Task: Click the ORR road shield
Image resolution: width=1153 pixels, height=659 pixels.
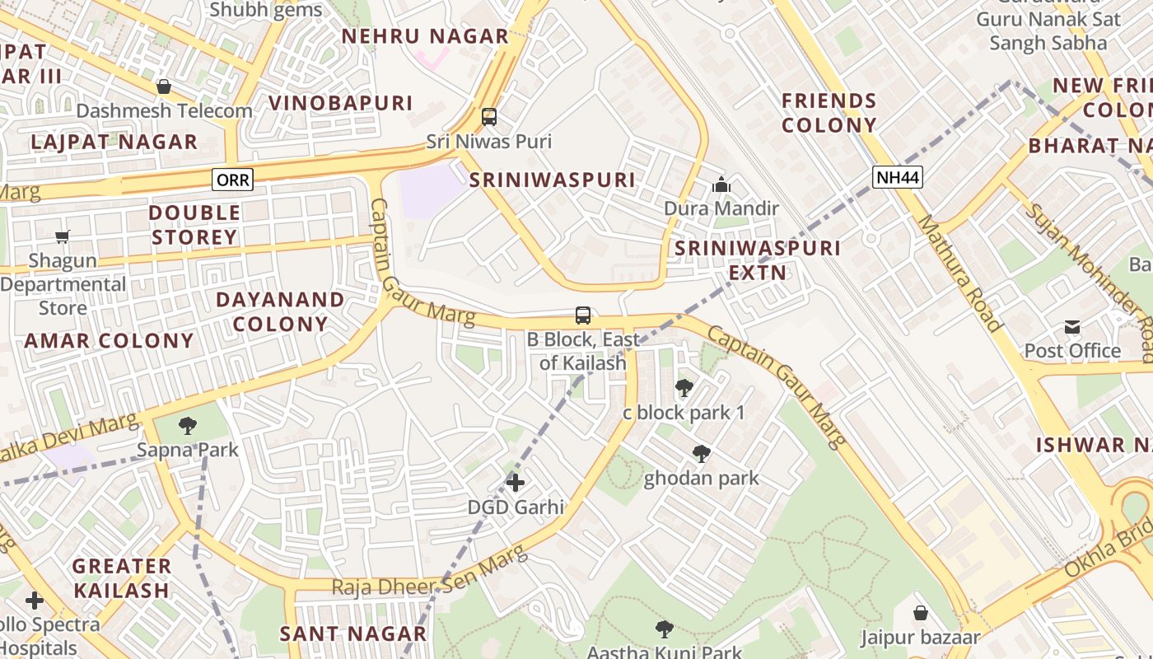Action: click(232, 179)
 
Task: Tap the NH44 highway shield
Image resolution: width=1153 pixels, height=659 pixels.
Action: click(898, 176)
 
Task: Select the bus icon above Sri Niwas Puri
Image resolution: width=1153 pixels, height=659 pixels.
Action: click(489, 117)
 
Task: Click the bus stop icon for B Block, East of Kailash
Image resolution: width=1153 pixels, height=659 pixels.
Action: click(583, 315)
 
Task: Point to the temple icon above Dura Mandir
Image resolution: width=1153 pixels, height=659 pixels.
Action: click(721, 185)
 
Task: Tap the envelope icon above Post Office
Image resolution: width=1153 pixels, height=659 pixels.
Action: click(1072, 327)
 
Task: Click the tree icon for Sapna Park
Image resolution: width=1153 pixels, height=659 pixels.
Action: click(188, 426)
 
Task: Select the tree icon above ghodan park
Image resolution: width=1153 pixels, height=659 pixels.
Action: click(701, 454)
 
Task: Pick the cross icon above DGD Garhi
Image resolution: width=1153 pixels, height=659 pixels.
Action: click(516, 482)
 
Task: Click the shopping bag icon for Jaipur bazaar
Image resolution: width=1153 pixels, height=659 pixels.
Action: click(921, 613)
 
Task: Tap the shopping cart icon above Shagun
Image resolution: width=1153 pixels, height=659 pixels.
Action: click(63, 237)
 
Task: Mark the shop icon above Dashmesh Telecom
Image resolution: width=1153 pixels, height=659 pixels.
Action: click(164, 86)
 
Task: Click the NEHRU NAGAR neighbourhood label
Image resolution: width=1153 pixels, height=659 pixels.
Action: click(425, 36)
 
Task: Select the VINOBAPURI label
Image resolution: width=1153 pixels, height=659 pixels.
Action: click(340, 103)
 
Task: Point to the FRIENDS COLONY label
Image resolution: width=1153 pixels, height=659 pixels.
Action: click(829, 113)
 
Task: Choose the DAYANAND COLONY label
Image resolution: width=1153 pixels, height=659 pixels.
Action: click(280, 311)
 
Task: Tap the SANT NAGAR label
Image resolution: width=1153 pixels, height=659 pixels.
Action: click(352, 633)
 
